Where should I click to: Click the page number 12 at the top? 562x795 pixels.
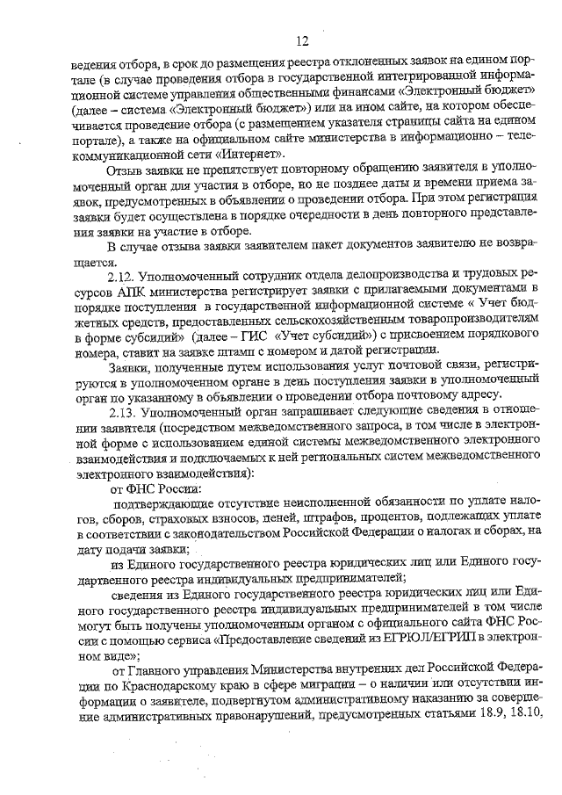pyautogui.click(x=302, y=40)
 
